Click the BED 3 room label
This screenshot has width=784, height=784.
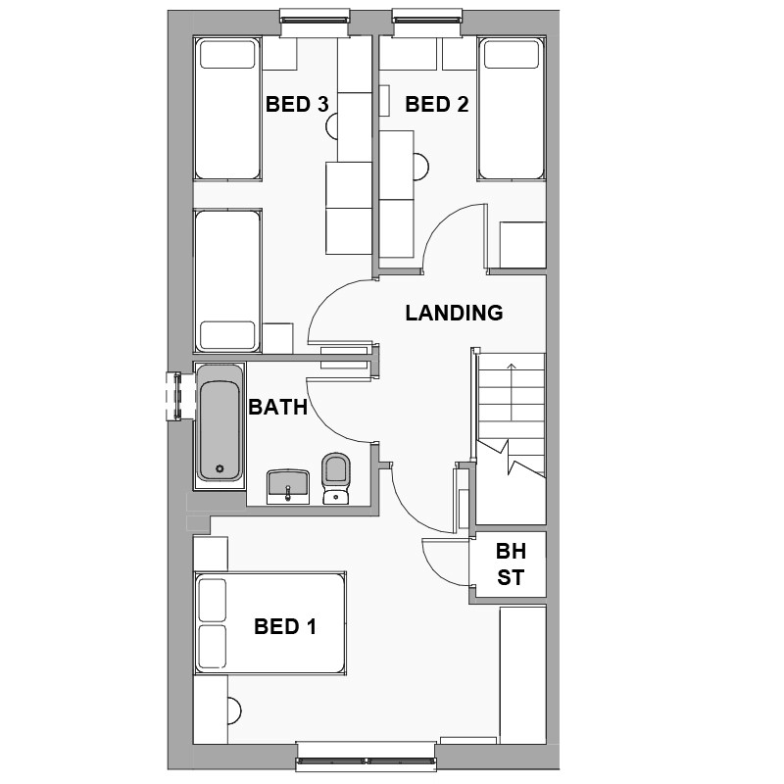coord(296,104)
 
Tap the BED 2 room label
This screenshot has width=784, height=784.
coord(436,104)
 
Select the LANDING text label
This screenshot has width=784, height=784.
coord(454,314)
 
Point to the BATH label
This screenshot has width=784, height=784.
coord(278,408)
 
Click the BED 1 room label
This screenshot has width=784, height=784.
coord(285,627)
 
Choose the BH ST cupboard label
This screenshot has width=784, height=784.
coord(510,564)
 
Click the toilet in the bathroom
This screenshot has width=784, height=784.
coord(335,477)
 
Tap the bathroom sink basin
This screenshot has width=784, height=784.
coord(288,484)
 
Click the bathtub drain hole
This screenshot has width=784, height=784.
coord(220,468)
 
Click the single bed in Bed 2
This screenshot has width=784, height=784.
coord(512,109)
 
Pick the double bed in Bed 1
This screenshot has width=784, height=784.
coord(270,623)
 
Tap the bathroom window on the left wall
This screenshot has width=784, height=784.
coord(175,395)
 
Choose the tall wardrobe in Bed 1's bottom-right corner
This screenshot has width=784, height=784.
coord(521,676)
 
